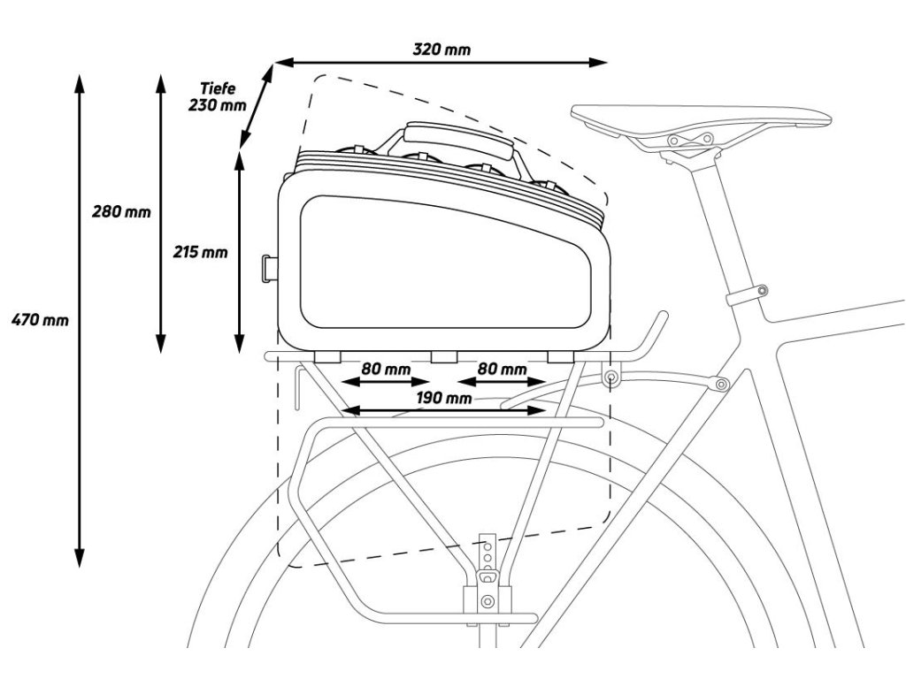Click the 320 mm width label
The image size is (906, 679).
pos(441,49)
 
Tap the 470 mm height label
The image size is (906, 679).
pos(39,319)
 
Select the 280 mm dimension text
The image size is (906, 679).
pos(121,212)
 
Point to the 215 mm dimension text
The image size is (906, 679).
pos(200,252)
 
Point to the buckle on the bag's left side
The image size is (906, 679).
pos(269,266)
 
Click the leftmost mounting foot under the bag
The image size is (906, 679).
pos(328,356)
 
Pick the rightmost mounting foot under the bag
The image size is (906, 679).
pos(561,356)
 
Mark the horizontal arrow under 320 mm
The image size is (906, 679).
pos(441,62)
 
